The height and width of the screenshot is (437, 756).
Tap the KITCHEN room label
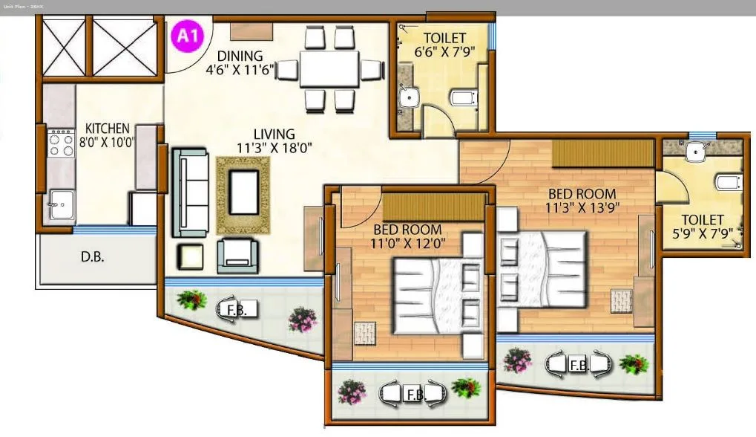pos(107,129)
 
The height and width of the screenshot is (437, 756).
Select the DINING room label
pos(240,56)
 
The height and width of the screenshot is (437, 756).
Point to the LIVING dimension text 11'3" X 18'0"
pos(275,148)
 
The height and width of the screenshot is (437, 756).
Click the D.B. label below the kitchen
pos(92,259)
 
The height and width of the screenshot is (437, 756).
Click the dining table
pos(329,69)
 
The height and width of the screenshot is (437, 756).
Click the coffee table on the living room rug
pos(243,191)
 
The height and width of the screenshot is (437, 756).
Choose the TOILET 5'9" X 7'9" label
pos(702,227)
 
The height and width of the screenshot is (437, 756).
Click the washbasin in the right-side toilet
pos(696,152)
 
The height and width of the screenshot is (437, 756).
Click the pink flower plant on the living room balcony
pos(302,320)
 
